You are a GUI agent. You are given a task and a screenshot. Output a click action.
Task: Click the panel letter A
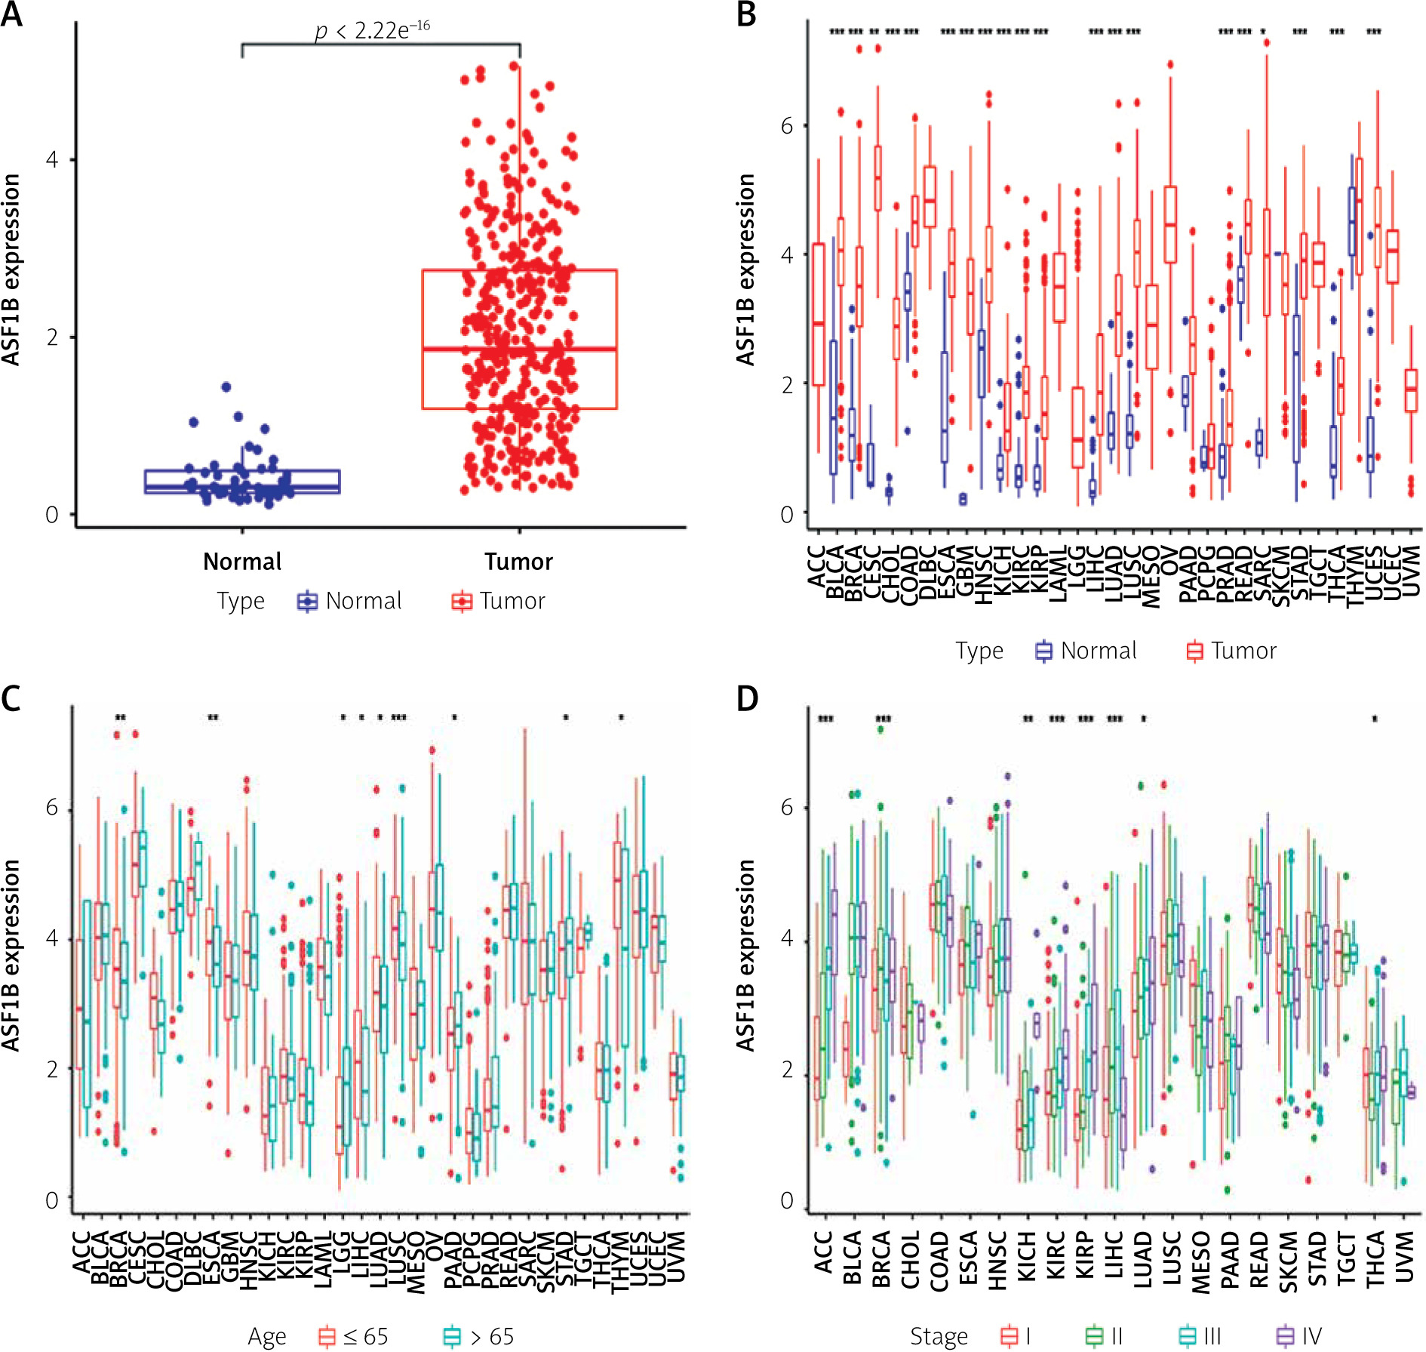coord(11,14)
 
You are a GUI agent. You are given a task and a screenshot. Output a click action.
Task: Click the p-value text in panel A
coord(372,30)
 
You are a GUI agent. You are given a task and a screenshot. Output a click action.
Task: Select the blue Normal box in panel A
coord(242,482)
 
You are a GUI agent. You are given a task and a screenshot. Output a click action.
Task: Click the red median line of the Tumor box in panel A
coord(519,349)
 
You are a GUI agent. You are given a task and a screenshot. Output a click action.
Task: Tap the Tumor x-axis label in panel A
coord(518,562)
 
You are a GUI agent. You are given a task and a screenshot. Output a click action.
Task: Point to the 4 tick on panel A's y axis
coord(52,160)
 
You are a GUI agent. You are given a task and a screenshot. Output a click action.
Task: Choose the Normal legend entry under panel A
coord(350,602)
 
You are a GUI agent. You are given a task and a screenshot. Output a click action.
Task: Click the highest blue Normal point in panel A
coord(226,387)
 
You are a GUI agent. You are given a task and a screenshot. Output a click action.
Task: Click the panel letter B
coord(746,14)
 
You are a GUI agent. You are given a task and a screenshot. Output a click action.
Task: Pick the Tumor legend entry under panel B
coord(1231,651)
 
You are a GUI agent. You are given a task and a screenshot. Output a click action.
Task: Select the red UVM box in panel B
coord(1411,390)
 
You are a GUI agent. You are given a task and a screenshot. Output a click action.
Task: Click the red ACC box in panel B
coord(819,315)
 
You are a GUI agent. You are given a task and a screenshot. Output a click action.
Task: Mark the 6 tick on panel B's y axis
coord(787,126)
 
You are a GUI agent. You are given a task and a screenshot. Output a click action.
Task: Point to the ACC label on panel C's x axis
coord(81,1252)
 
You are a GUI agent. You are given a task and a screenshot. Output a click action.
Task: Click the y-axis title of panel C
coord(11,955)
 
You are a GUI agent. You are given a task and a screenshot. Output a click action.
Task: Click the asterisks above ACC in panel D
coord(825,719)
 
